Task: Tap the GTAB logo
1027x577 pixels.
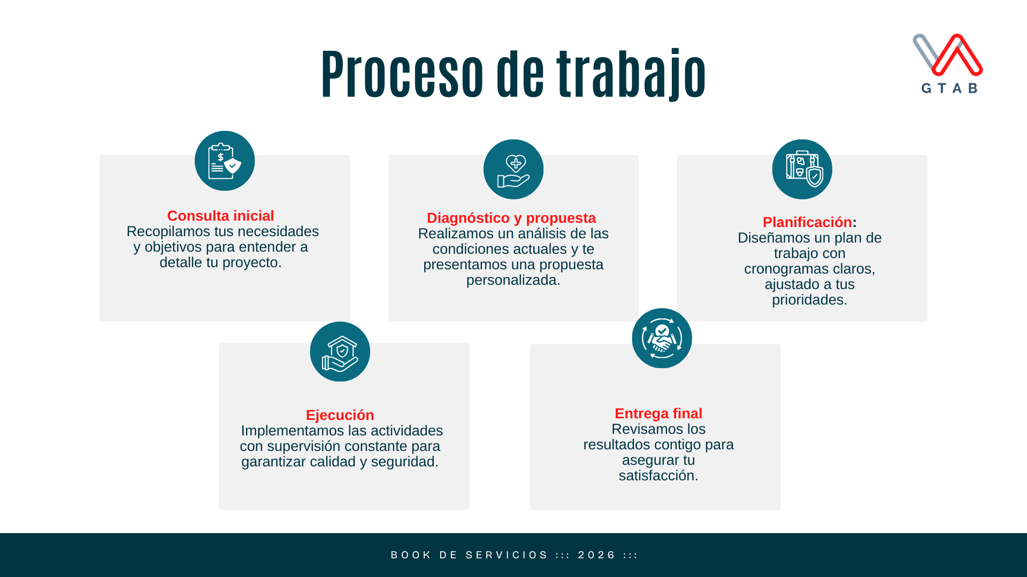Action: pos(948,63)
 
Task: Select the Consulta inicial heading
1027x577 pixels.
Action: pos(220,216)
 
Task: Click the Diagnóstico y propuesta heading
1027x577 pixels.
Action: pos(511,218)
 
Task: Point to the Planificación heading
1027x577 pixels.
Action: pos(807,222)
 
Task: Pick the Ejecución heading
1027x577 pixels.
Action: pos(340,415)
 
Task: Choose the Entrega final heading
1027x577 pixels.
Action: pos(658,414)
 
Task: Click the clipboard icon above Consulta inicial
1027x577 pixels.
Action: pos(225,161)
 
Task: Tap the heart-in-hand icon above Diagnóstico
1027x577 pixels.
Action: pos(513,169)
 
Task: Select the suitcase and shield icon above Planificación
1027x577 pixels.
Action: pos(802,169)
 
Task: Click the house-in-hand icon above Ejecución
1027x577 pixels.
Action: pos(340,352)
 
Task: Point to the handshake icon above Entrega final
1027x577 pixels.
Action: pos(662,338)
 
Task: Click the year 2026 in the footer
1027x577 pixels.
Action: pos(597,555)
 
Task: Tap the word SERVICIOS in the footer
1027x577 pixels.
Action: pos(507,555)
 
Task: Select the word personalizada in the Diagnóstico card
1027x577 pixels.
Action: pos(512,280)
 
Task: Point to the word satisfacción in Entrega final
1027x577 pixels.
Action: pos(658,475)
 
